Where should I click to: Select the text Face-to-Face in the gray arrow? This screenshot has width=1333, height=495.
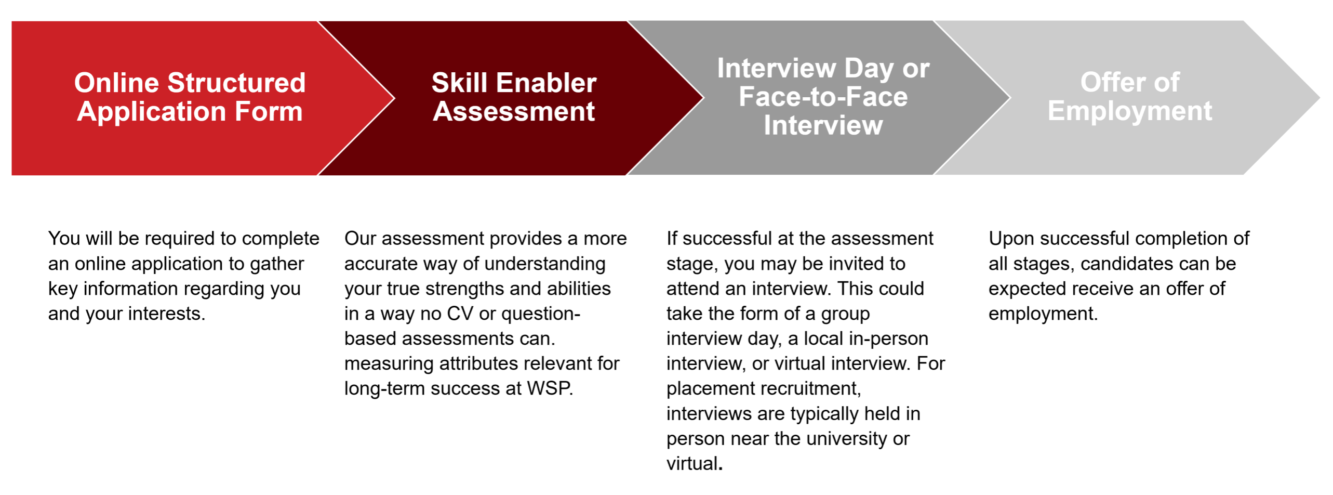tap(823, 97)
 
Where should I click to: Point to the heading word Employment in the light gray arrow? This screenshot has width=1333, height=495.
tap(1129, 111)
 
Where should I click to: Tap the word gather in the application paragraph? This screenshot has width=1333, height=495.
tap(276, 264)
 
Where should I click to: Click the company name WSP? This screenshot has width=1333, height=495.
tap(550, 389)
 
